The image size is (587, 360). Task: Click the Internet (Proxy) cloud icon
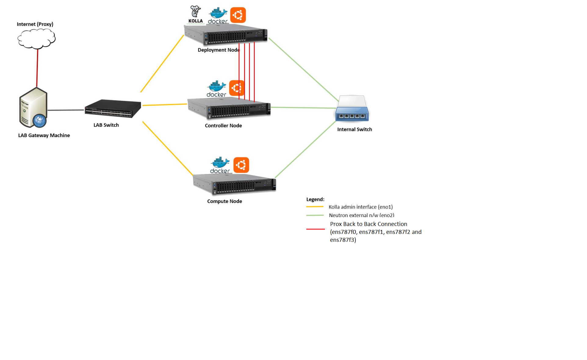pos(36,39)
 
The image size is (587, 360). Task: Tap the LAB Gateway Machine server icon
pos(33,108)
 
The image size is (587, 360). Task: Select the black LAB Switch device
pos(113,108)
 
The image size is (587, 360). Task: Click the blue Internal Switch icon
pos(352,109)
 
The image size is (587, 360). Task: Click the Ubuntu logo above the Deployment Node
pos(238,15)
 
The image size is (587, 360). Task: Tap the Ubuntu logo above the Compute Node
pos(241,165)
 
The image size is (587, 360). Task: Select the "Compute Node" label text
pos(225,201)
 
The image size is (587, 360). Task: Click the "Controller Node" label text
pos(223,125)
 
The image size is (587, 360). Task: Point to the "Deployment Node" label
pos(218,50)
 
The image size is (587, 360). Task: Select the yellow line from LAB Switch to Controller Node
pos(165,104)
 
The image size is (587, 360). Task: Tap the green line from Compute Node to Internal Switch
pos(305,150)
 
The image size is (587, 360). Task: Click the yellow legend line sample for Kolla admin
pos(315,207)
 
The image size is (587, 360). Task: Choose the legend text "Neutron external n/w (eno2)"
pos(362,215)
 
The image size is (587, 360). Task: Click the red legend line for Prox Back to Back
pos(315,229)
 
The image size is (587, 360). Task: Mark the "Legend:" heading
pos(315,199)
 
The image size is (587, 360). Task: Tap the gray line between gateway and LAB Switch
pos(66,110)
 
